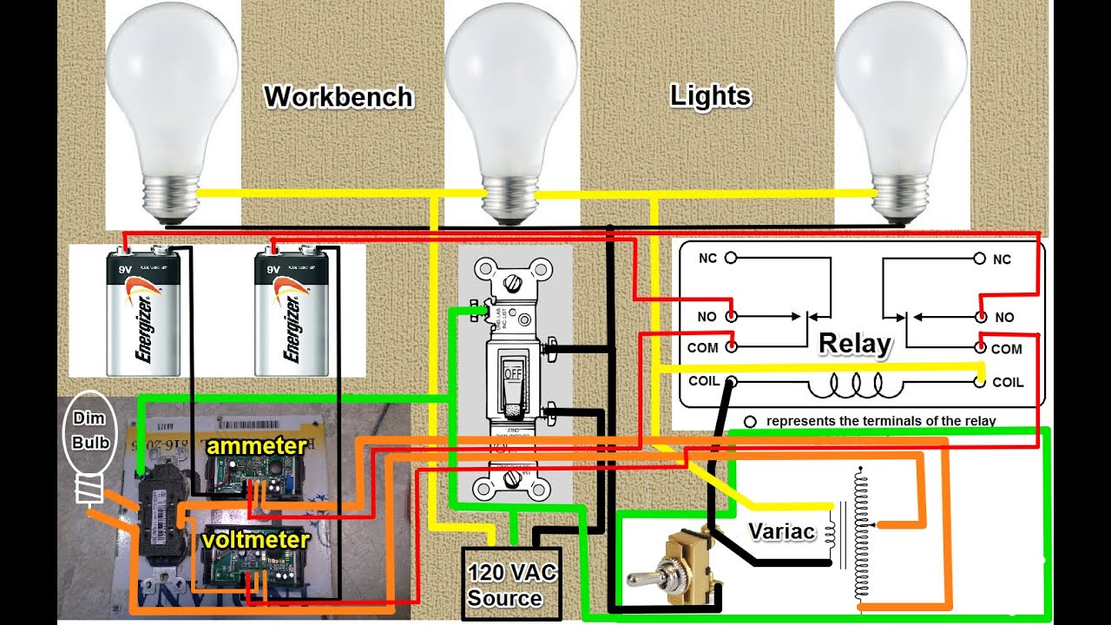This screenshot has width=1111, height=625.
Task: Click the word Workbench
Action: pyautogui.click(x=339, y=95)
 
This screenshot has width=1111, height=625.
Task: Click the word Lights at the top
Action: pyautogui.click(x=710, y=95)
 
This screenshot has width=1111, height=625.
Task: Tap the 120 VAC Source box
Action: pyautogui.click(x=510, y=584)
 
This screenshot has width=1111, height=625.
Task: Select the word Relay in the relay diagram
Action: pyautogui.click(x=854, y=345)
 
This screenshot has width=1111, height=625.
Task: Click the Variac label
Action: pyautogui.click(x=781, y=531)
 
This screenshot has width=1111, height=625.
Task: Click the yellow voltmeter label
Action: pyautogui.click(x=255, y=540)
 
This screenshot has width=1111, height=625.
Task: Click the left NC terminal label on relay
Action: pyautogui.click(x=708, y=258)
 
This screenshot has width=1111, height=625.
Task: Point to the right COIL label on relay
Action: pyautogui.click(x=1008, y=382)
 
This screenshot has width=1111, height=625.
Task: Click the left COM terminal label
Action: pyautogui.click(x=703, y=347)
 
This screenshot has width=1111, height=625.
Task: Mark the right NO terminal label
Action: pyautogui.click(x=1004, y=318)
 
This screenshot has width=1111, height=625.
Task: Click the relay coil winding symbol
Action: pyautogui.click(x=855, y=383)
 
